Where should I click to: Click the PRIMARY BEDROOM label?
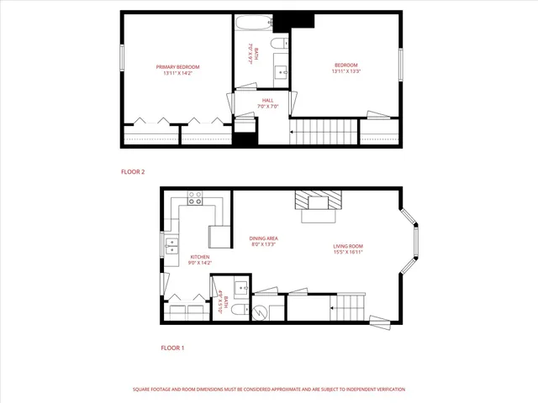click(177, 66)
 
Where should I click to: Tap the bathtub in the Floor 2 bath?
click(249, 22)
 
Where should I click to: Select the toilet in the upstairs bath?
click(279, 42)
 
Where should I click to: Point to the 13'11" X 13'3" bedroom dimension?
click(346, 71)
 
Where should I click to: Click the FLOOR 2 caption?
click(133, 172)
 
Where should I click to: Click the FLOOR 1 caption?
click(171, 347)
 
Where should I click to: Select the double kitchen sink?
click(171, 246)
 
